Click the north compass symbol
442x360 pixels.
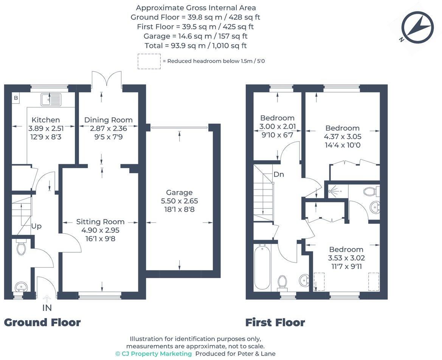click(417, 27)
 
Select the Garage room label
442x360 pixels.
click(179, 192)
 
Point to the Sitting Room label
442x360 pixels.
click(100, 222)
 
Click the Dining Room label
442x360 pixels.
click(108, 120)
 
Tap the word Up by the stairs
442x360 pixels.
click(36, 226)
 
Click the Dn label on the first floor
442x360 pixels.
click(279, 174)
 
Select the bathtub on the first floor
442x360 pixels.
click(262, 267)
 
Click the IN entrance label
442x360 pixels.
click(47, 308)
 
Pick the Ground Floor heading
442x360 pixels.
click(42, 323)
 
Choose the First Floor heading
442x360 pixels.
click(275, 323)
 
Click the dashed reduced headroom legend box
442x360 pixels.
click(149, 61)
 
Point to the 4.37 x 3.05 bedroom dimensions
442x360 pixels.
click(342, 137)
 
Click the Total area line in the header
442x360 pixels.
click(195, 46)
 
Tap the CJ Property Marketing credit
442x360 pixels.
click(154, 354)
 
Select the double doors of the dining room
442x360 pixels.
click(106, 80)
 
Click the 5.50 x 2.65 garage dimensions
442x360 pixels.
click(179, 201)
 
